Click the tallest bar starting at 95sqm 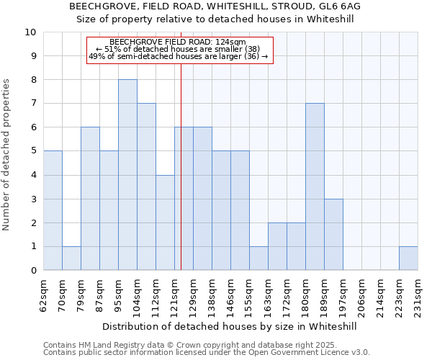tap(127, 175)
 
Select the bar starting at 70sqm tap(71, 258)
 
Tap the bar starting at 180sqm tap(315, 186)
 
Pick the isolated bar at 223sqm tap(408, 258)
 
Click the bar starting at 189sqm tap(333, 234)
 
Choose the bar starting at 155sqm tap(258, 258)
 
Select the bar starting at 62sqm tap(53, 210)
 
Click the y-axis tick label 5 tap(33, 151)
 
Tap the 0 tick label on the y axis tap(33, 271)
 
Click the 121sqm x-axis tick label tap(175, 295)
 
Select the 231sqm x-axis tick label tap(418, 295)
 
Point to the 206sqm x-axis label tap(362, 295)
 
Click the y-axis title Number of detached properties tap(7, 156)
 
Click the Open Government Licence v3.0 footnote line tap(207, 353)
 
